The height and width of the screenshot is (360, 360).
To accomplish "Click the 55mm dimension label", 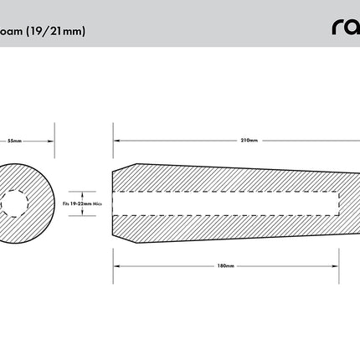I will coord(14,141).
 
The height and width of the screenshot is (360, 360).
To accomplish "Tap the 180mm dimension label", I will coord(224,265).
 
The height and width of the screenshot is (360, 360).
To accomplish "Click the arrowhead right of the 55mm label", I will coord(52,141).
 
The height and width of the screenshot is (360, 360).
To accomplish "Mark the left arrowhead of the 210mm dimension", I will coord(116,140).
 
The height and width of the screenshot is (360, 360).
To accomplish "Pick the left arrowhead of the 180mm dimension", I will coord(116,265).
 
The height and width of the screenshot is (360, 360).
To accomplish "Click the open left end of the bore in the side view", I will coord(114,203).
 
